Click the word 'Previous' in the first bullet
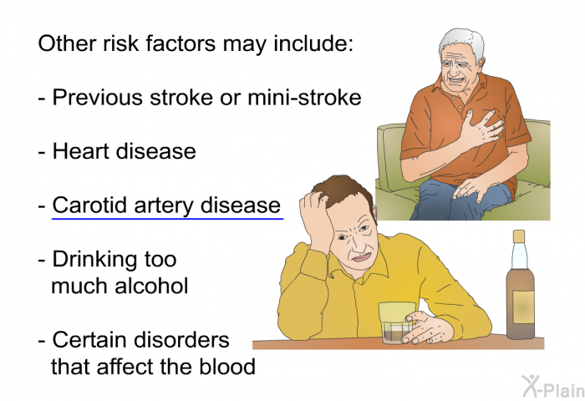(x=98, y=98)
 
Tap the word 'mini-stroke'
(x=304, y=98)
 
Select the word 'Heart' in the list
(x=81, y=151)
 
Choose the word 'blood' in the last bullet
(x=227, y=366)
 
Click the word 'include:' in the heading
(x=313, y=43)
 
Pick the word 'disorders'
(x=181, y=340)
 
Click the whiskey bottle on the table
(x=520, y=285)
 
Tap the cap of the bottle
(x=519, y=236)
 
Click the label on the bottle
(x=523, y=307)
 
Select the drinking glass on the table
(x=396, y=323)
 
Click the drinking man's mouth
(x=359, y=257)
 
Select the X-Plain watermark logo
(x=553, y=386)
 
